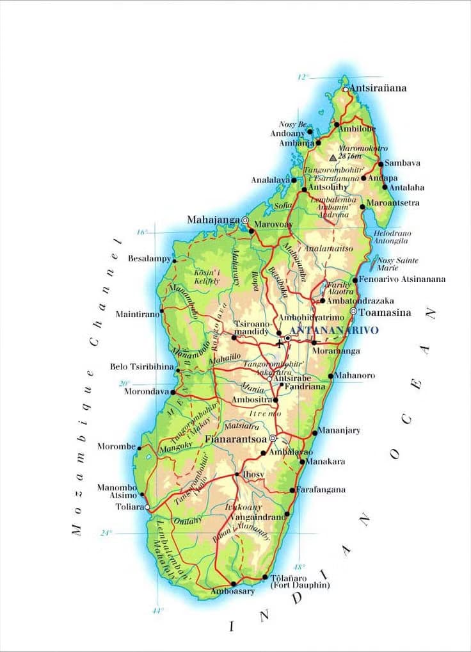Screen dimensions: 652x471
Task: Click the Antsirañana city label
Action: point(378,88)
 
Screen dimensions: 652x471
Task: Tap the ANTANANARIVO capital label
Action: point(335,330)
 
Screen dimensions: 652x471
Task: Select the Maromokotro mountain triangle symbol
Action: point(333,157)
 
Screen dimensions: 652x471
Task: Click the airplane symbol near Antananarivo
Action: point(279,344)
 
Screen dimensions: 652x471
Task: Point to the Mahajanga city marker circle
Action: point(244,220)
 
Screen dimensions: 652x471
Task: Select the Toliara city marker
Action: point(148,507)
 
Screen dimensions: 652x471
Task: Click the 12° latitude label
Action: point(303,77)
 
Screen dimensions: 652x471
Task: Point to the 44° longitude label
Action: point(157,611)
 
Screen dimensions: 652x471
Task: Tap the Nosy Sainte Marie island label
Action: point(398,265)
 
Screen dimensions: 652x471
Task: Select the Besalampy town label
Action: point(150,259)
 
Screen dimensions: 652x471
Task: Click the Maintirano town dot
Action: point(161,311)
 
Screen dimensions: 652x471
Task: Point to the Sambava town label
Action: point(403,163)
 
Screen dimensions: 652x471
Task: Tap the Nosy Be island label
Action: point(293,124)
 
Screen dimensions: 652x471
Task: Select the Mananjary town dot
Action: point(315,433)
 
